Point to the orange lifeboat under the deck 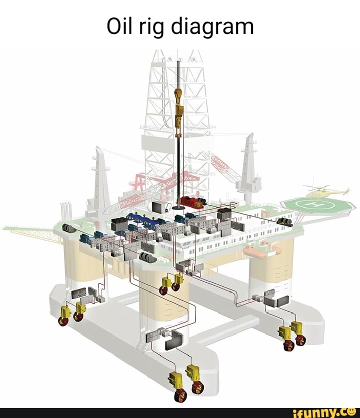coord(255,253)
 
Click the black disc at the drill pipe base coord(178,206)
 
